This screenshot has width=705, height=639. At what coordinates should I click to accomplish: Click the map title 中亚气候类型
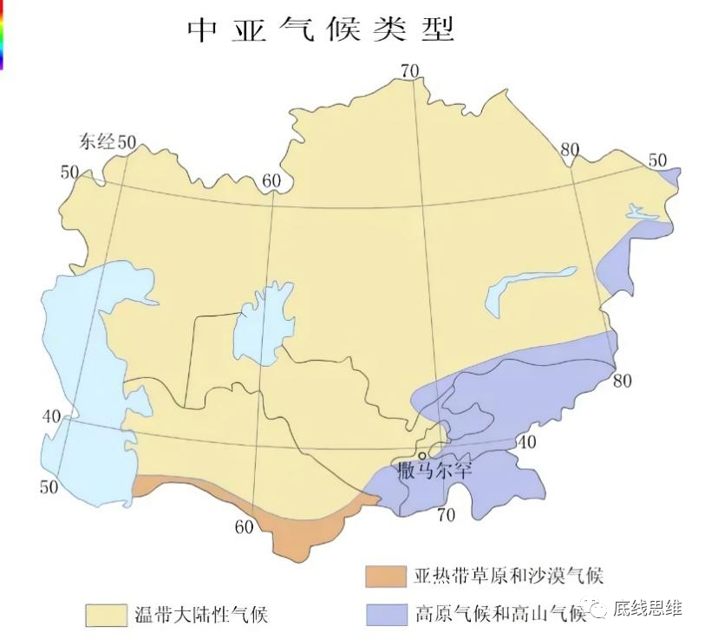click(x=322, y=30)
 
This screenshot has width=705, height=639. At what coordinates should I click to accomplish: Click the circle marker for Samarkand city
click(x=422, y=454)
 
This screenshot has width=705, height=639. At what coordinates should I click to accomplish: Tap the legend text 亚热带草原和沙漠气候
click(x=509, y=575)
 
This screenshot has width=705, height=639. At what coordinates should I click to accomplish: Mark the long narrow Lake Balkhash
click(x=529, y=286)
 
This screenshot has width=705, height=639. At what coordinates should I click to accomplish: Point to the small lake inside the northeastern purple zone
click(x=643, y=211)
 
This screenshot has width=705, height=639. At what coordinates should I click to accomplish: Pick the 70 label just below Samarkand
click(x=446, y=515)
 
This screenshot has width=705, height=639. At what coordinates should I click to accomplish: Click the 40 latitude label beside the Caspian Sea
click(x=51, y=416)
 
